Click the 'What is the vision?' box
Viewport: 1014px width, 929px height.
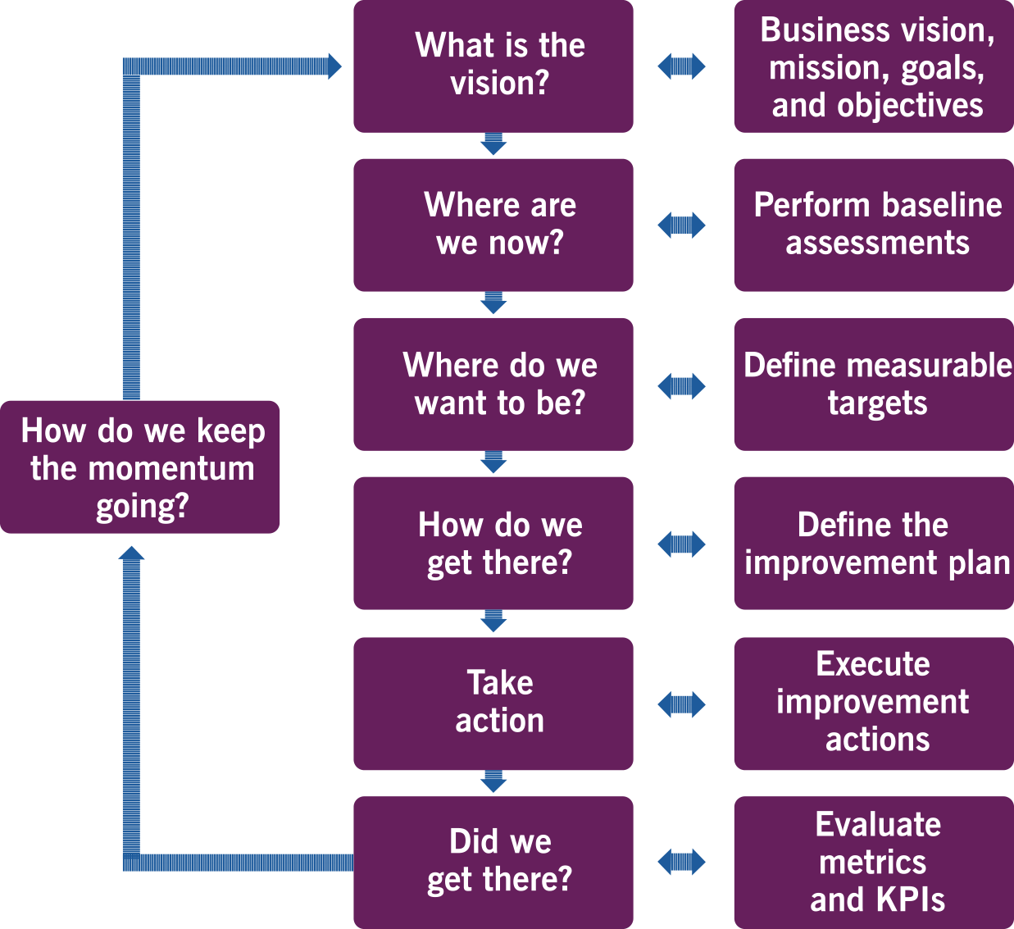(x=493, y=66)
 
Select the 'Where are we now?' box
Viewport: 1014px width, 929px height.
(x=493, y=225)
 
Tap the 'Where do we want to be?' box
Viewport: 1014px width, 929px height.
(x=493, y=384)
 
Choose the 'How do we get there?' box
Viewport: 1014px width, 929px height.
(x=493, y=543)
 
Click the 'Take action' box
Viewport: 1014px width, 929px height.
(x=493, y=703)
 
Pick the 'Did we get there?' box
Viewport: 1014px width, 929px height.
(x=493, y=862)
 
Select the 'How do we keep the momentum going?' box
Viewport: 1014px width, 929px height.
(x=140, y=467)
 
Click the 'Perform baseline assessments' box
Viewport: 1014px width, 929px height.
(x=874, y=225)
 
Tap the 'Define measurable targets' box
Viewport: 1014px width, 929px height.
(x=874, y=384)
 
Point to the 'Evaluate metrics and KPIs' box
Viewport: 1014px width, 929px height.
(x=874, y=862)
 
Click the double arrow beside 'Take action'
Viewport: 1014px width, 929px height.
(x=681, y=704)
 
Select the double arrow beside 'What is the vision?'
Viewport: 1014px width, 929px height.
(x=681, y=66)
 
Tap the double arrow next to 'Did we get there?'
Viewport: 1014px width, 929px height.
(x=681, y=862)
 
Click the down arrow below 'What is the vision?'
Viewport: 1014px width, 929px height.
(x=493, y=145)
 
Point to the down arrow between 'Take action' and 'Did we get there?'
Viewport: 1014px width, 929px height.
(x=493, y=782)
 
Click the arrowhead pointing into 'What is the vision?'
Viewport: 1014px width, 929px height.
(x=334, y=66)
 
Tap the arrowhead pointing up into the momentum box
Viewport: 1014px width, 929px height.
(x=131, y=555)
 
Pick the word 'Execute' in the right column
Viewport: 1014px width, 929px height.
(x=873, y=663)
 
